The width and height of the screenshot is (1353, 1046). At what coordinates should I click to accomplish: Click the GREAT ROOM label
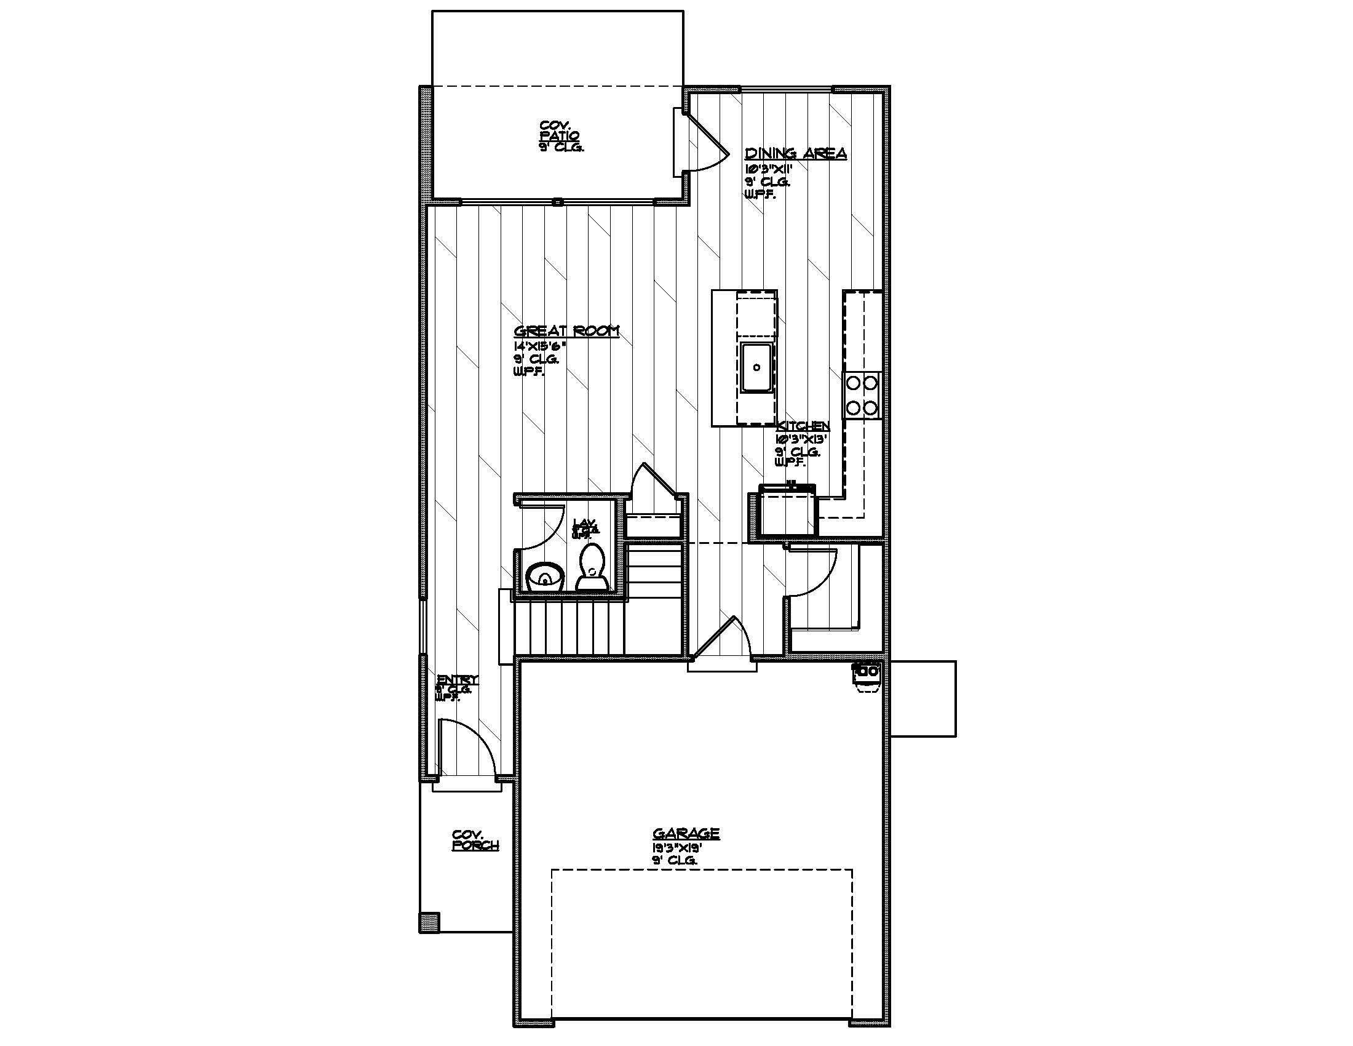pyautogui.click(x=566, y=331)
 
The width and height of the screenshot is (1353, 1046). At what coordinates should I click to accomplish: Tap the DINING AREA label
pyautogui.click(x=795, y=153)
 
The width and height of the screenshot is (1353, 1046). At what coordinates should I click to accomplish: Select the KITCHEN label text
pyautogui.click(x=803, y=426)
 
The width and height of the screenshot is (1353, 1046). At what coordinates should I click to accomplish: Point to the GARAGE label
pyautogui.click(x=686, y=834)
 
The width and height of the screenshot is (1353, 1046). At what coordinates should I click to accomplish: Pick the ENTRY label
pyautogui.click(x=457, y=679)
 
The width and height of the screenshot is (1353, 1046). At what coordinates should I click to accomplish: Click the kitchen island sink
pyautogui.click(x=756, y=367)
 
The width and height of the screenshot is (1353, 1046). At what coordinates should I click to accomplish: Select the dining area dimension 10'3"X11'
pyautogui.click(x=769, y=169)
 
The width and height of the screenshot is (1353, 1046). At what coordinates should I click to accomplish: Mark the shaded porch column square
pyautogui.click(x=429, y=921)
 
